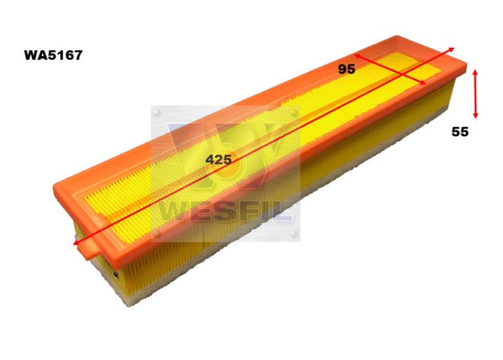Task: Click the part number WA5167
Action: pyautogui.click(x=53, y=55)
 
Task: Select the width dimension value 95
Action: pyautogui.click(x=346, y=69)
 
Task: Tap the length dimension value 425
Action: pyautogui.click(x=218, y=159)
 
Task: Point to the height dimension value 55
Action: pyautogui.click(x=460, y=132)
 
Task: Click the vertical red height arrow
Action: pyautogui.click(x=475, y=94)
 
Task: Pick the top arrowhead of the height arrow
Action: pyautogui.click(x=475, y=72)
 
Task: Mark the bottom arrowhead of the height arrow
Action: pyautogui.click(x=475, y=115)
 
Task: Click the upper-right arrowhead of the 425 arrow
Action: pyautogui.click(x=452, y=49)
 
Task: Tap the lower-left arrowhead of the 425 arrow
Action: pyautogui.click(x=76, y=243)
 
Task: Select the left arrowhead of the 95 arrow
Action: pyautogui.click(x=357, y=56)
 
